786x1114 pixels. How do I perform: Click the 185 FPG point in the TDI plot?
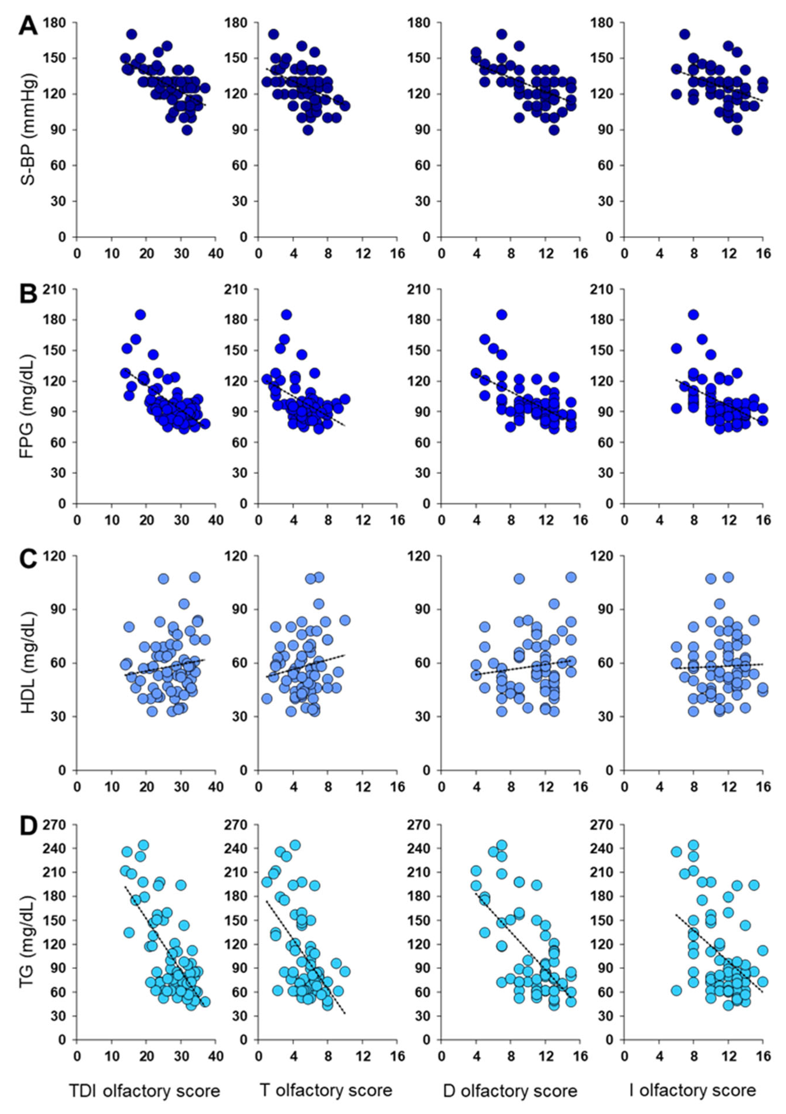point(140,315)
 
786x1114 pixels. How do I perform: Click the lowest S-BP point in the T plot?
point(308,130)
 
